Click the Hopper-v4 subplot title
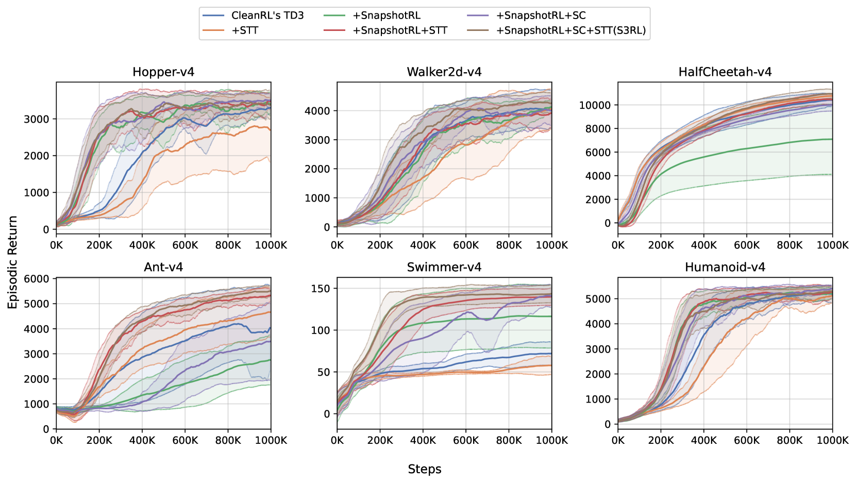[163, 72]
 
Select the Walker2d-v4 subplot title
[444, 72]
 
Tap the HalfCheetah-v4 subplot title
[725, 72]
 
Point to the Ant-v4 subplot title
[163, 268]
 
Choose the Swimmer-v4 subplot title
[444, 268]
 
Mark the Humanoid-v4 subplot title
[725, 268]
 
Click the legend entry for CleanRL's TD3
[267, 15]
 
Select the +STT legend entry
[245, 30]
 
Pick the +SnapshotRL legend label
[387, 15]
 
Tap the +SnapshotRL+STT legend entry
[400, 30]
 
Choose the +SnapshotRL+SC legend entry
[541, 15]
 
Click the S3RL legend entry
[571, 30]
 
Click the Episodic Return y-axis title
[13, 262]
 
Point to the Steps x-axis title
[425, 469]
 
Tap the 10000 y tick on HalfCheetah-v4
[595, 106]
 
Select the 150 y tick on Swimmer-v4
[321, 289]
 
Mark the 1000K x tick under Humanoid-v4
[832, 441]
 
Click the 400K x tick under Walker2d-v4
[423, 245]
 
